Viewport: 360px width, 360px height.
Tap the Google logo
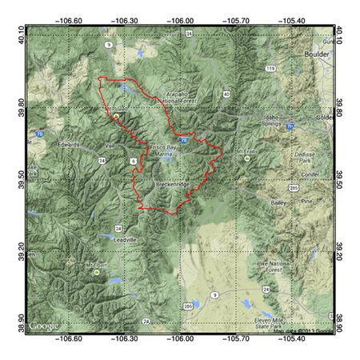45,326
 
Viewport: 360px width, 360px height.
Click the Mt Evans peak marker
247,158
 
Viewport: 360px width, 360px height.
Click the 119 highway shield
271,70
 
